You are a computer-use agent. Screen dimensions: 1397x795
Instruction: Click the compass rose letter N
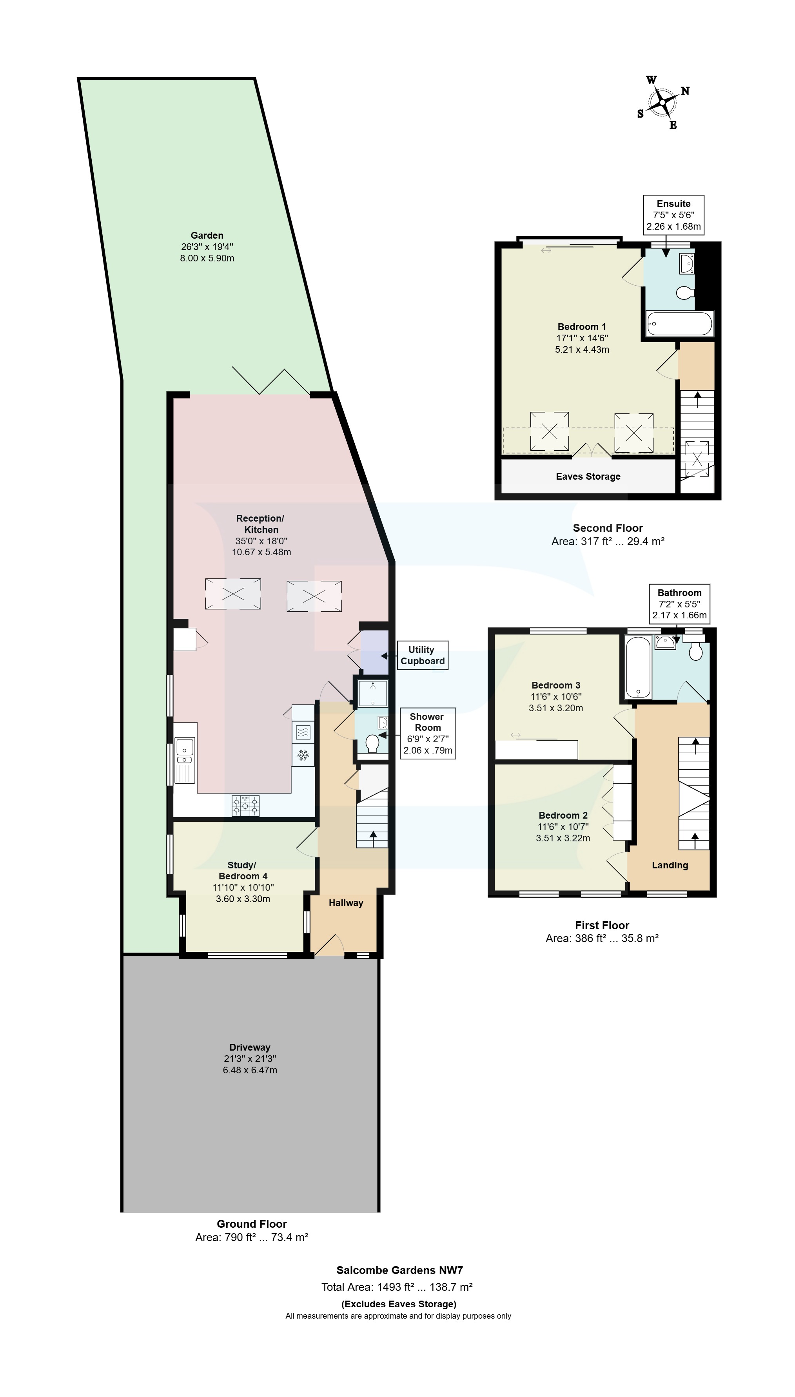coord(685,91)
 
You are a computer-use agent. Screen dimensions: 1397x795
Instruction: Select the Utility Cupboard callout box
coord(422,655)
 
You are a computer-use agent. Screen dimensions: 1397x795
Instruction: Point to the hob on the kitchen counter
coord(246,806)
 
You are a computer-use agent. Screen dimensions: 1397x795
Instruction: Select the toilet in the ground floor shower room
coord(372,744)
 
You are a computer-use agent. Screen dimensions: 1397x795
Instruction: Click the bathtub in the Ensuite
coord(679,324)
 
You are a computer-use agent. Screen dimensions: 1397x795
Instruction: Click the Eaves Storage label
coord(588,477)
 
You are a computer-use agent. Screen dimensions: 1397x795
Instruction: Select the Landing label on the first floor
coord(670,865)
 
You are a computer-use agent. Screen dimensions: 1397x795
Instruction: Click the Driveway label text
coord(250,1047)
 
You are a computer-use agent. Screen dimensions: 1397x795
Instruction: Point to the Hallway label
coord(346,902)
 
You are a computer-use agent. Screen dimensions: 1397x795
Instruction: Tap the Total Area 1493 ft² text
coord(396,1287)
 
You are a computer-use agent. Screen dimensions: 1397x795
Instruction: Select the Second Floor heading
coord(608,528)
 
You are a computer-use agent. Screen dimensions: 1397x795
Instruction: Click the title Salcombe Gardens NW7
coord(399,1270)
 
